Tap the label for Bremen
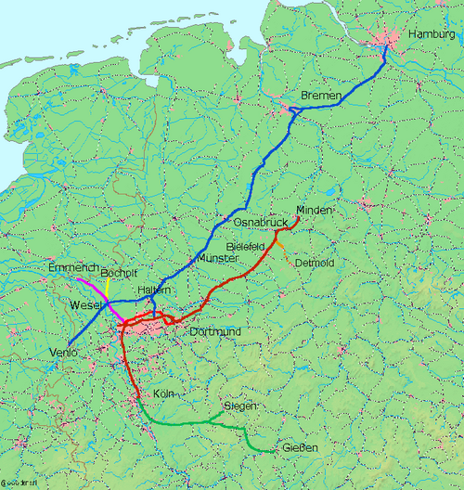(x=321, y=97)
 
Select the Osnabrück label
(x=256, y=224)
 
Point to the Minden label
(x=314, y=210)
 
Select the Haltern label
(x=154, y=290)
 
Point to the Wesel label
(x=86, y=304)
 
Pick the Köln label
(x=162, y=393)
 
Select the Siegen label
(x=239, y=406)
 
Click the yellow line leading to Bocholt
(x=107, y=288)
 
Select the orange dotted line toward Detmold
(x=283, y=249)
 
